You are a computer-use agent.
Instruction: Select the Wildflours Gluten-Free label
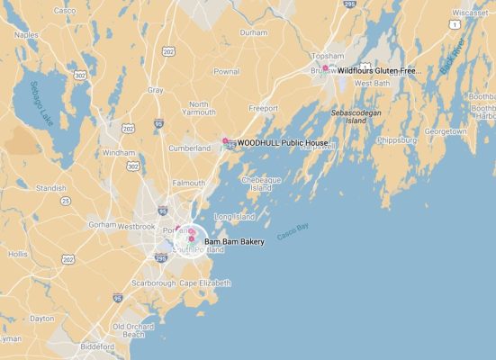(x=379, y=69)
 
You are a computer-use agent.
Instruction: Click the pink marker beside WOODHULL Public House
(x=225, y=141)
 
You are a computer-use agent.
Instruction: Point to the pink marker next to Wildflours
(x=325, y=68)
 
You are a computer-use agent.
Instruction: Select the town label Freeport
(x=263, y=109)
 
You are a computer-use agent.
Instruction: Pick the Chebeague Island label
(x=257, y=184)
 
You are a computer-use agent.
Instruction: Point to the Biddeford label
(x=97, y=346)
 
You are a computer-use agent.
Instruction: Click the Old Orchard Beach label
(x=133, y=330)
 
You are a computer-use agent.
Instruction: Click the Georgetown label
(x=446, y=131)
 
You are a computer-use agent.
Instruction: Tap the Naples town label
(x=25, y=34)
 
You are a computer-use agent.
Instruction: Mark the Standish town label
(x=50, y=188)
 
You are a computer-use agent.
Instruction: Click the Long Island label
(x=233, y=217)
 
